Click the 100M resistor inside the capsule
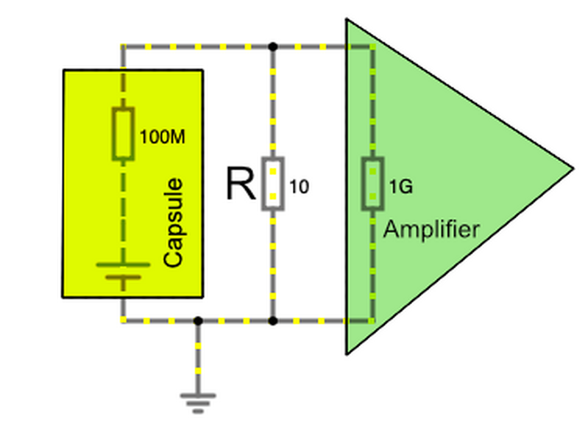(x=123, y=133)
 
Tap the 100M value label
(x=161, y=137)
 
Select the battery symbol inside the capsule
(x=123, y=271)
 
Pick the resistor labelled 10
(x=272, y=184)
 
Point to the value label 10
(x=299, y=187)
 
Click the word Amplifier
(x=431, y=229)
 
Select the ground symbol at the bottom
(x=198, y=400)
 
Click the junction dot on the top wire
(x=272, y=46)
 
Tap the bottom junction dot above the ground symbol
(x=198, y=321)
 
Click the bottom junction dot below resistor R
(x=272, y=321)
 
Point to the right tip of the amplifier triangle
(x=573, y=167)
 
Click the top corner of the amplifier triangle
(x=347, y=20)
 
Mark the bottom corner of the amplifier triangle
(x=347, y=354)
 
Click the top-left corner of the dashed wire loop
(x=123, y=46)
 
